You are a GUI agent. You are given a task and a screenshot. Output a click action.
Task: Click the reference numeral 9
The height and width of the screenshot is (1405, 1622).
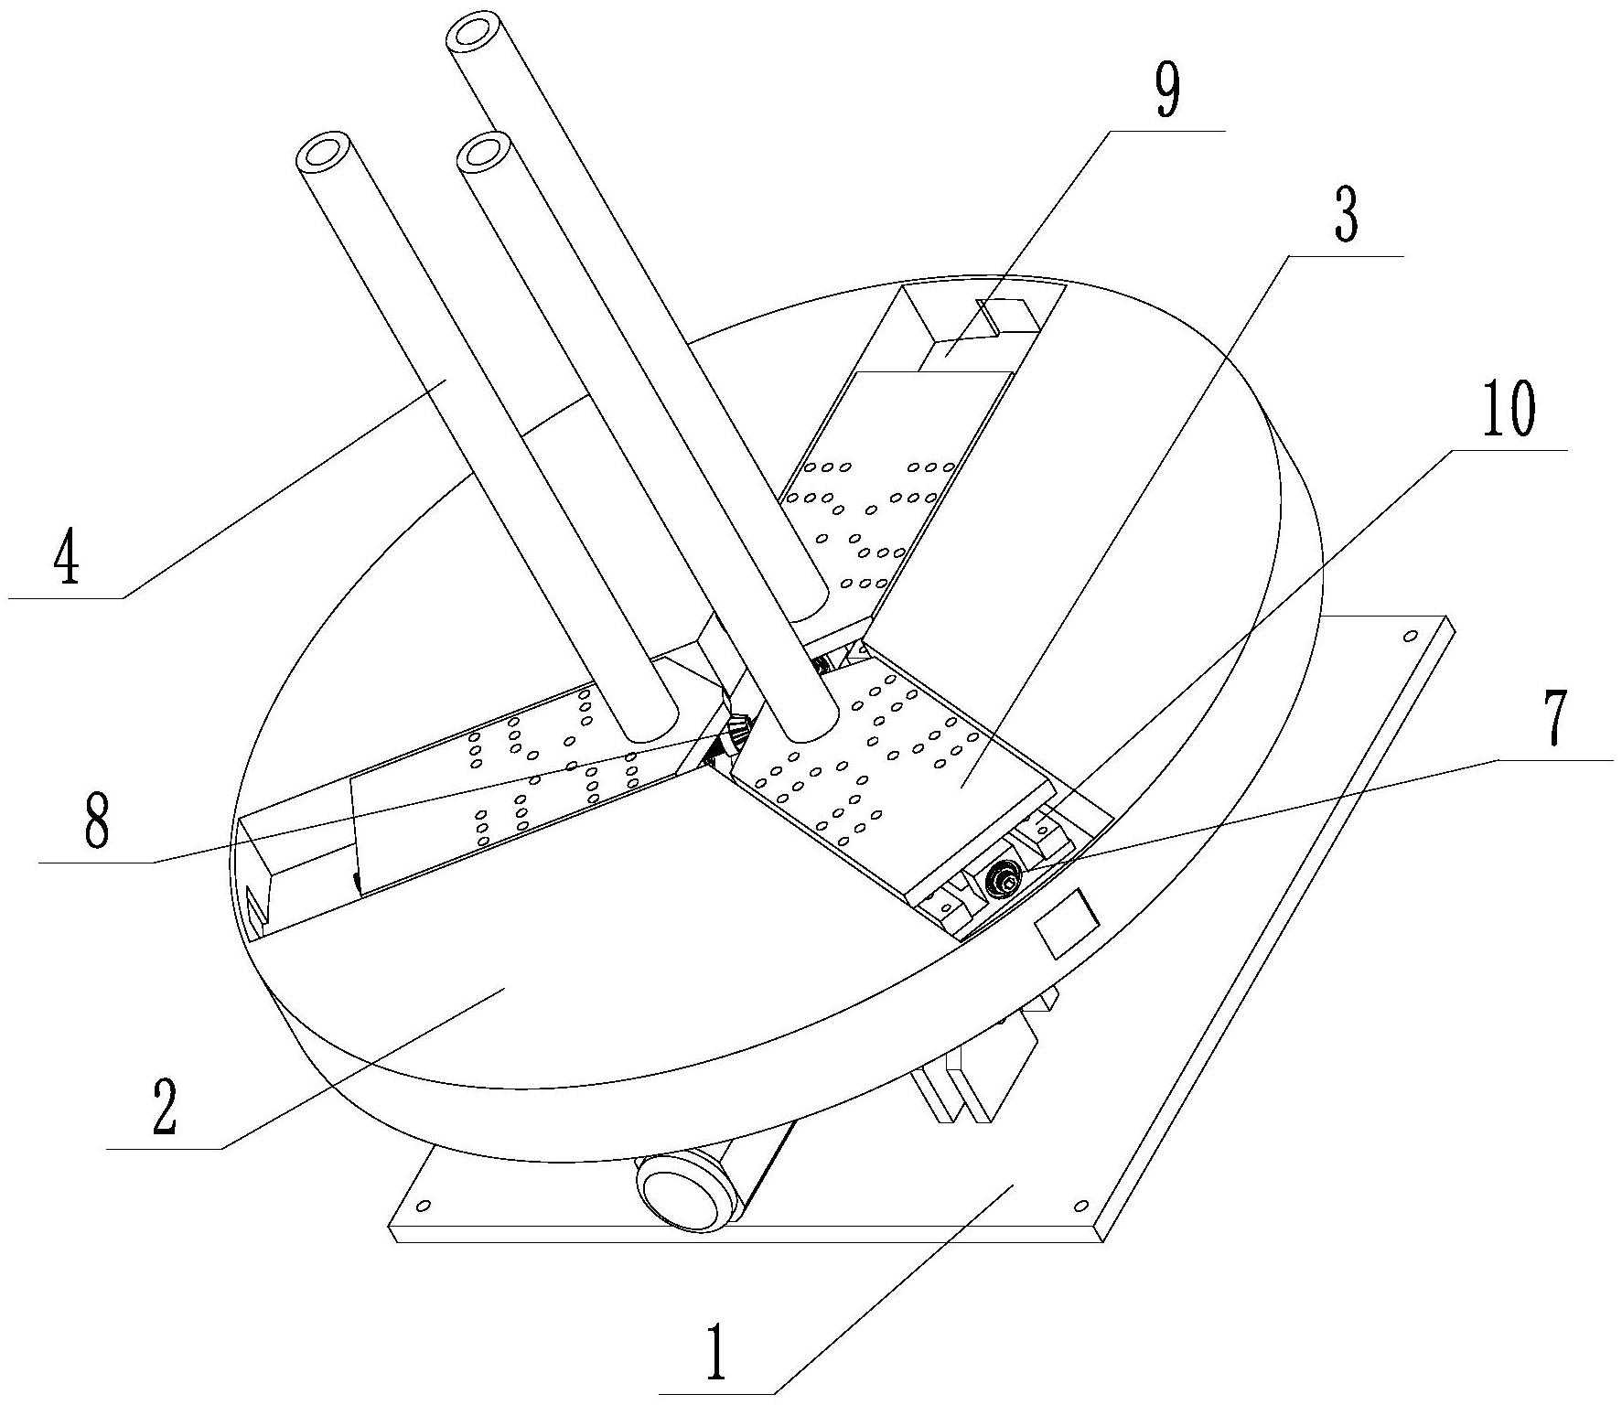click(1167, 93)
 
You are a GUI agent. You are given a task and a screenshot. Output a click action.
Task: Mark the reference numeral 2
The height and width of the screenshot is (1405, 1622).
click(164, 1107)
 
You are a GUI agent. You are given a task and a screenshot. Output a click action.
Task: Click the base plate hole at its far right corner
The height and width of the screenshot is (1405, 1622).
click(1410, 634)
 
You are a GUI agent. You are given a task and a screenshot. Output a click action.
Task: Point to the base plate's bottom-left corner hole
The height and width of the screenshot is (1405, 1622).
click(422, 1207)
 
